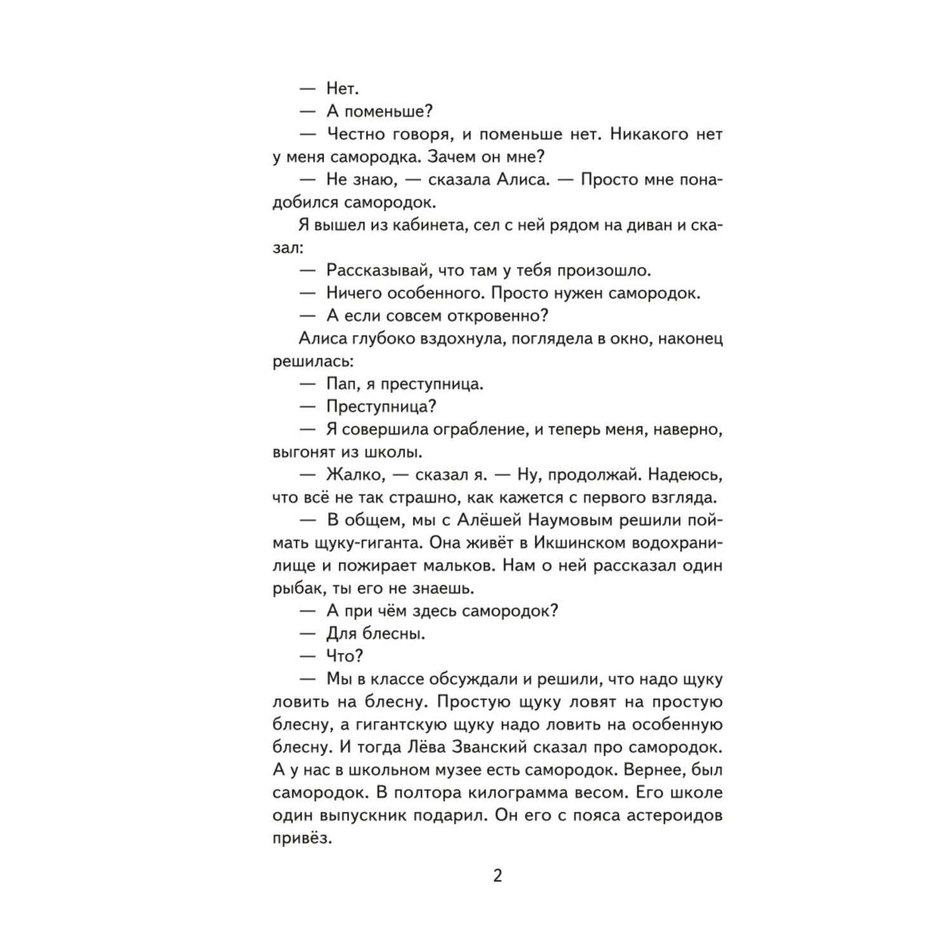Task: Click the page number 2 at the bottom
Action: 497,876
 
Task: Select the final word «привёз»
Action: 302,838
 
